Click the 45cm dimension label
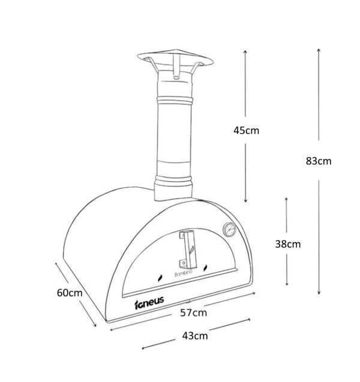[x=246, y=131]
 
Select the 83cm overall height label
[x=319, y=161]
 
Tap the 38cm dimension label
[x=288, y=244]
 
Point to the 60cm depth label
[x=70, y=293]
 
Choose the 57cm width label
[x=194, y=312]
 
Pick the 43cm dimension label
[x=195, y=336]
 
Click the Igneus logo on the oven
[x=149, y=303]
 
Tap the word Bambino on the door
[x=184, y=273]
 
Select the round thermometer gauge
[x=229, y=229]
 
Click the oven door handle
[x=188, y=248]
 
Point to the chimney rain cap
[x=175, y=59]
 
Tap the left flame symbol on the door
[x=160, y=278]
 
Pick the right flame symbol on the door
[x=205, y=268]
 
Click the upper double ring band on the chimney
[x=175, y=100]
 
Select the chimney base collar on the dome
[x=173, y=189]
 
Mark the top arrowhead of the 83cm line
[x=319, y=50]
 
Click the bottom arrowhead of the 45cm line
[x=245, y=201]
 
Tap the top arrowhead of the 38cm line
[x=286, y=199]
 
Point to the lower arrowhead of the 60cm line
[x=95, y=325]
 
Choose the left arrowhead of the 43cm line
[x=143, y=348]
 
